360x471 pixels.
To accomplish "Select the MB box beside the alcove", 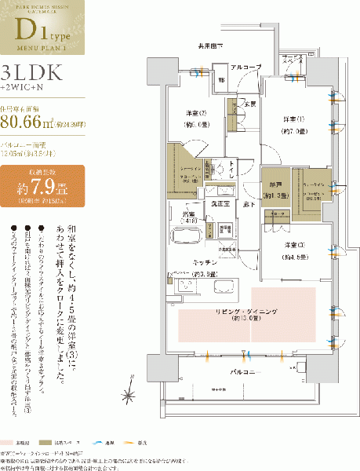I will pyautogui.click(x=221, y=79).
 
